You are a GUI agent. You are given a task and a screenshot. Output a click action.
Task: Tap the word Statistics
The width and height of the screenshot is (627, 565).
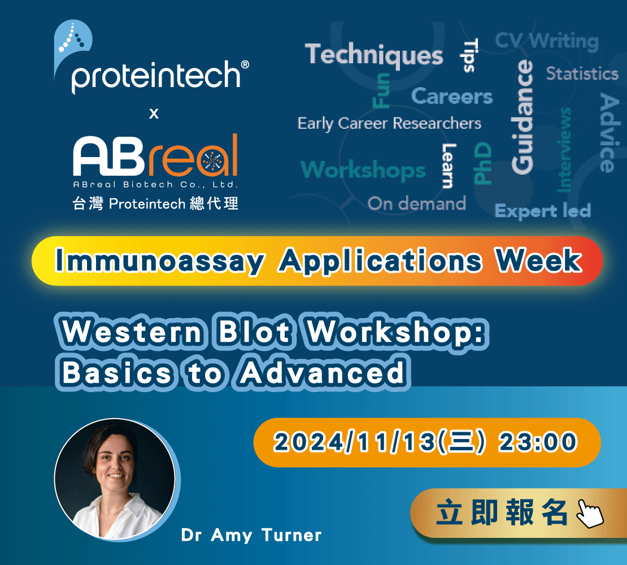pyautogui.click(x=582, y=73)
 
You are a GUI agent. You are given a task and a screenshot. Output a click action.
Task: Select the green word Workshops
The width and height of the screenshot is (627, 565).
pyautogui.click(x=363, y=170)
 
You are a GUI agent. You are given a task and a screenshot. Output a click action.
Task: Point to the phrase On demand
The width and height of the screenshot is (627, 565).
pyautogui.click(x=417, y=203)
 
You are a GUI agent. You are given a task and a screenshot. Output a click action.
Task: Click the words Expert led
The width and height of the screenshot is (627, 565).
pyautogui.click(x=543, y=211)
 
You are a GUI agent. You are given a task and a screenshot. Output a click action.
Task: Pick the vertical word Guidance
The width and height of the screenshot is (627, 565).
pyautogui.click(x=522, y=117)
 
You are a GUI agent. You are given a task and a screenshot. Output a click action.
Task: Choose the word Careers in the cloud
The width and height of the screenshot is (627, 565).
pyautogui.click(x=452, y=97)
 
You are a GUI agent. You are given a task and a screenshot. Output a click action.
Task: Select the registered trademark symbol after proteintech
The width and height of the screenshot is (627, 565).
pyautogui.click(x=245, y=65)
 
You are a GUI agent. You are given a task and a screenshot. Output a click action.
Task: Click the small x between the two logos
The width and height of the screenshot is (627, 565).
pyautogui.click(x=154, y=114)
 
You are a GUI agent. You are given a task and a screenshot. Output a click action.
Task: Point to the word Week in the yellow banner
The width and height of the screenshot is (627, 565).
pyautogui.click(x=538, y=260)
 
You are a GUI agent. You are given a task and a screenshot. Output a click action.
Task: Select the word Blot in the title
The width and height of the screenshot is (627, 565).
pyautogui.click(x=255, y=332)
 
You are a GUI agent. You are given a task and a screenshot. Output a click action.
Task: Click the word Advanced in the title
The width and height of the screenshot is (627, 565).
pyautogui.click(x=323, y=372)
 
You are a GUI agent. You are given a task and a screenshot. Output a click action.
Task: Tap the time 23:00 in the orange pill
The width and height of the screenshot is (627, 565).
pyautogui.click(x=537, y=442)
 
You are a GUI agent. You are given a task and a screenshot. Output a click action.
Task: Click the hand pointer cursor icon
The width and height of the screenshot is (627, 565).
pyautogui.click(x=589, y=513)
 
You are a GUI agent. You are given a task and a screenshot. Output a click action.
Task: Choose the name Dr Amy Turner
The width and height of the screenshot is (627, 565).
pyautogui.click(x=251, y=536)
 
